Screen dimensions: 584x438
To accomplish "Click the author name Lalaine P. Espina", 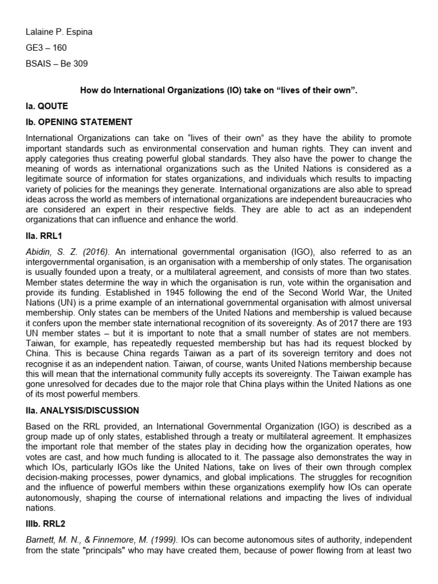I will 59,32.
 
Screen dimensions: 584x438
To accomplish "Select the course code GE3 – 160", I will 47,48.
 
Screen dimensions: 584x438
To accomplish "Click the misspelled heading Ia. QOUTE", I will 47,106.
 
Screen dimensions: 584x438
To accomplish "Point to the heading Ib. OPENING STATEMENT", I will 79,122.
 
